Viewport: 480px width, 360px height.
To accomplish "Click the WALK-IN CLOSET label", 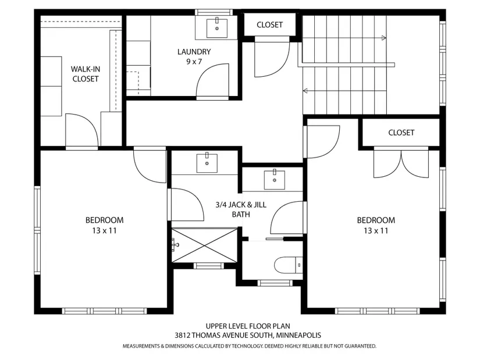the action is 86,74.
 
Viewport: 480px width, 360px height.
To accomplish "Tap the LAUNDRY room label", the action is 194,52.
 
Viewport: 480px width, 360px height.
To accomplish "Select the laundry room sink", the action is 217,28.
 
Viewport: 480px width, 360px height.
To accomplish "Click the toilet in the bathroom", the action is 289,265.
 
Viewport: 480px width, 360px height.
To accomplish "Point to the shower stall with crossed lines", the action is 204,245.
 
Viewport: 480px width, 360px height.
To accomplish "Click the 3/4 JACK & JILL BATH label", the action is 241,209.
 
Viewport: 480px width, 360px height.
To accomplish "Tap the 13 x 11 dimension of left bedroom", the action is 104,230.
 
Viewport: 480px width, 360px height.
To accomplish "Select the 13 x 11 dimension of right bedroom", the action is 376,230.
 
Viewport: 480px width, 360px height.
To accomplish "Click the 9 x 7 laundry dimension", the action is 194,62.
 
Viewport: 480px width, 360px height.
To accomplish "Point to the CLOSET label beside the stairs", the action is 269,25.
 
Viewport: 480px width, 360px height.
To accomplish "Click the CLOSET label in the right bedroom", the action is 401,133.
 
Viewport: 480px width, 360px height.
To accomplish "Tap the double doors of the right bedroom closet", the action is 401,162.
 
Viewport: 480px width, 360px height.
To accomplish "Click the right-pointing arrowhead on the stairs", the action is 384,38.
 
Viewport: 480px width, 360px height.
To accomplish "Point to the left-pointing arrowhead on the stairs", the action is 305,91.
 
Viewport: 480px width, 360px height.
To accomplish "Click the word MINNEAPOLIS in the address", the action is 298,335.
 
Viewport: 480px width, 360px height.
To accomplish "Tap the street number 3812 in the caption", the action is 183,335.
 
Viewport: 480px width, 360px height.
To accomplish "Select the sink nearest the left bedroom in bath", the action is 207,163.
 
